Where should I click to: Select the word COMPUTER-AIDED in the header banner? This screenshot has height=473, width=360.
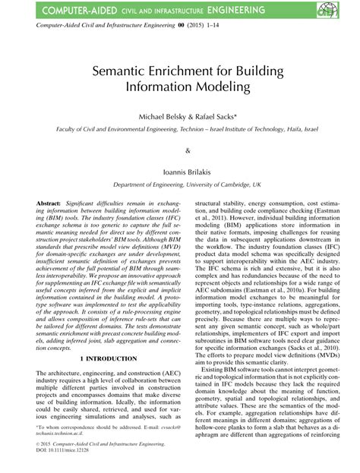point(70,11)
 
